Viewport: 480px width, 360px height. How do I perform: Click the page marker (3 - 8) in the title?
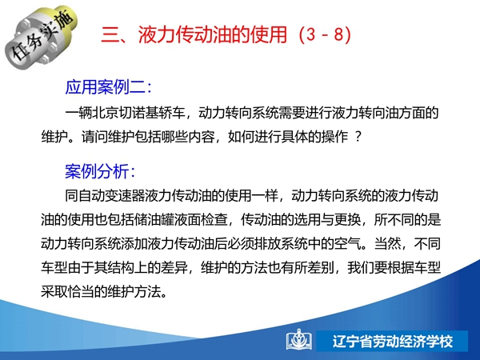(325, 34)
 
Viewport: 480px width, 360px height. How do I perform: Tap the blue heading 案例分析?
(97, 171)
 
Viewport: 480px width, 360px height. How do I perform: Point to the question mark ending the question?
(358, 137)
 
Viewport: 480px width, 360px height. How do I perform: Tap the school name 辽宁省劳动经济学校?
(393, 341)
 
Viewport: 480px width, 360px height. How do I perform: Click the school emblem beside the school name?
(299, 340)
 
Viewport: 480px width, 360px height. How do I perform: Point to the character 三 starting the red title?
(110, 34)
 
